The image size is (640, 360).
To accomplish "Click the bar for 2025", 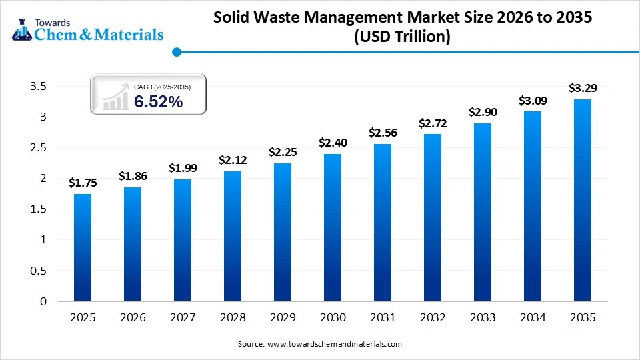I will point(83,247).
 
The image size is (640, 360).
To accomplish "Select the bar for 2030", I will point(333,227).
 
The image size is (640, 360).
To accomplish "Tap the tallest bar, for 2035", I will point(582,200).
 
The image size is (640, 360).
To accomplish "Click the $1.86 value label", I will point(133,176).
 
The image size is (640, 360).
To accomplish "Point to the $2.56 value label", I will point(383,133).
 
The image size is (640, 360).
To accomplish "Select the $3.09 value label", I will point(533,101).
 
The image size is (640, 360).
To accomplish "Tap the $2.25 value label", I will point(283,152).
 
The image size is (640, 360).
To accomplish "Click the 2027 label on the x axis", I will point(183,318).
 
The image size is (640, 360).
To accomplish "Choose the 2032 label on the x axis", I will point(433,318).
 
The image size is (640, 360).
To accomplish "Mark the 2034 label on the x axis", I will point(533,318).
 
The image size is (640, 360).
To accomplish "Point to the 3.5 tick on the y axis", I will point(38,86).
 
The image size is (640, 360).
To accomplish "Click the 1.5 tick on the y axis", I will point(38,209).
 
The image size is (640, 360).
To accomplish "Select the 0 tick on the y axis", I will point(43,301).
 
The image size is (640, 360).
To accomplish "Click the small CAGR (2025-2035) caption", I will point(162,87).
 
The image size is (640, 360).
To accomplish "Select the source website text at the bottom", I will point(319,344).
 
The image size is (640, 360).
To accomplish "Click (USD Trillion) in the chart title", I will point(402,38).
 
